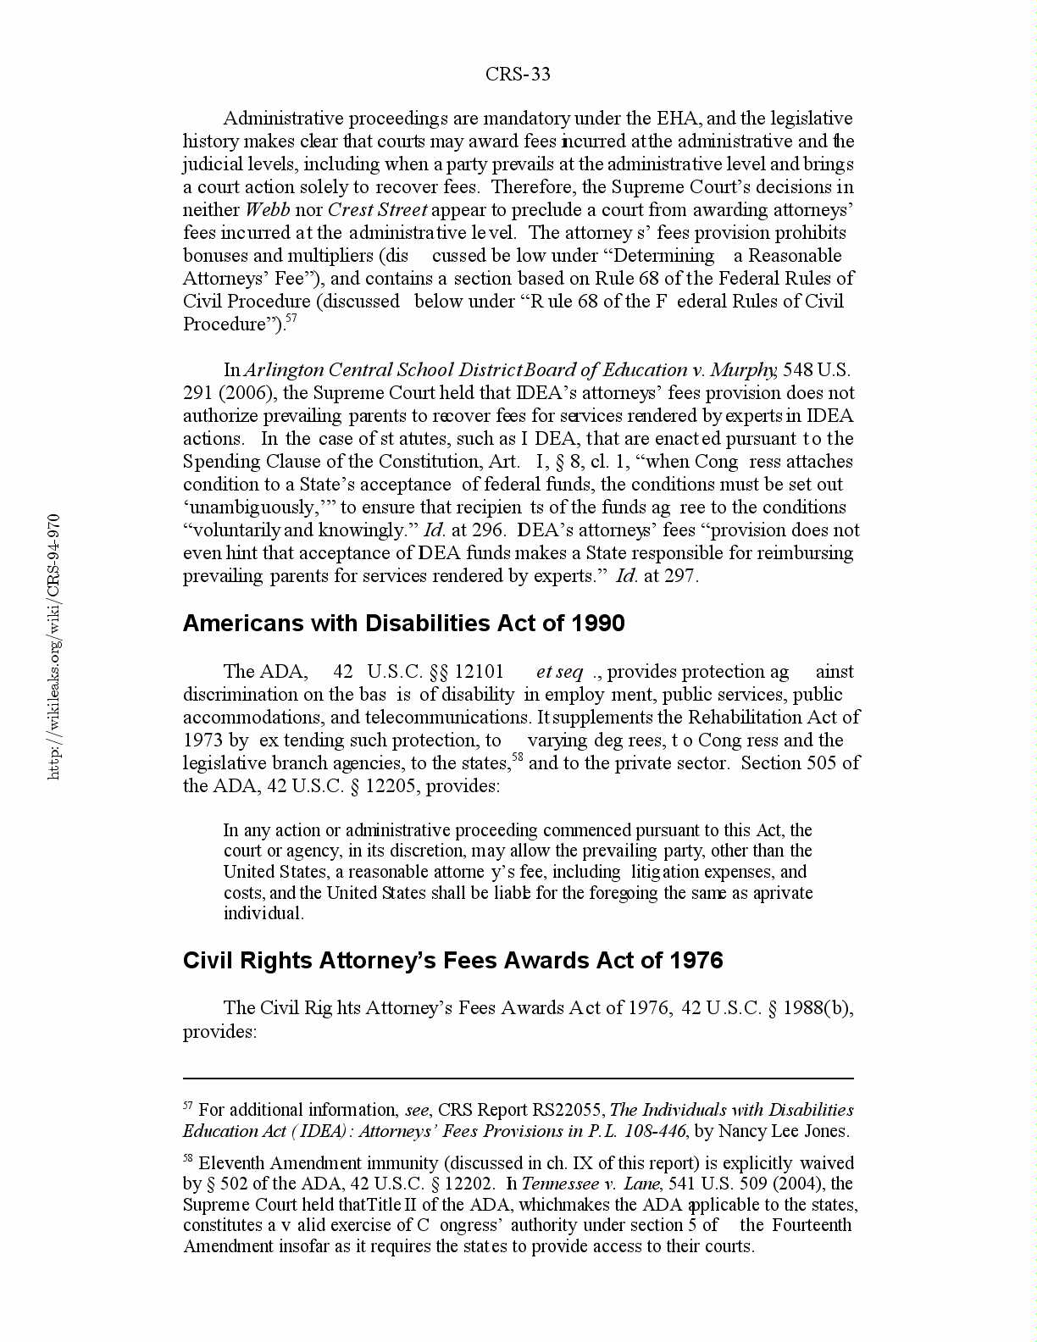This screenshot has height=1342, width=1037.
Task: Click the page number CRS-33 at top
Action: coord(518,75)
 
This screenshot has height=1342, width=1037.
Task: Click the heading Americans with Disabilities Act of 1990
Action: coord(403,624)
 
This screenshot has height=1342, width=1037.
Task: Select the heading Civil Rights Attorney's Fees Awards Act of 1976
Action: coord(452,961)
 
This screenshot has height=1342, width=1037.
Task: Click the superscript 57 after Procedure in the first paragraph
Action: coord(291,319)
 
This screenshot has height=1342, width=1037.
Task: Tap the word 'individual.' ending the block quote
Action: coord(263,913)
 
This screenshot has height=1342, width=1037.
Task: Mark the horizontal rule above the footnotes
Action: coord(518,1079)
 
